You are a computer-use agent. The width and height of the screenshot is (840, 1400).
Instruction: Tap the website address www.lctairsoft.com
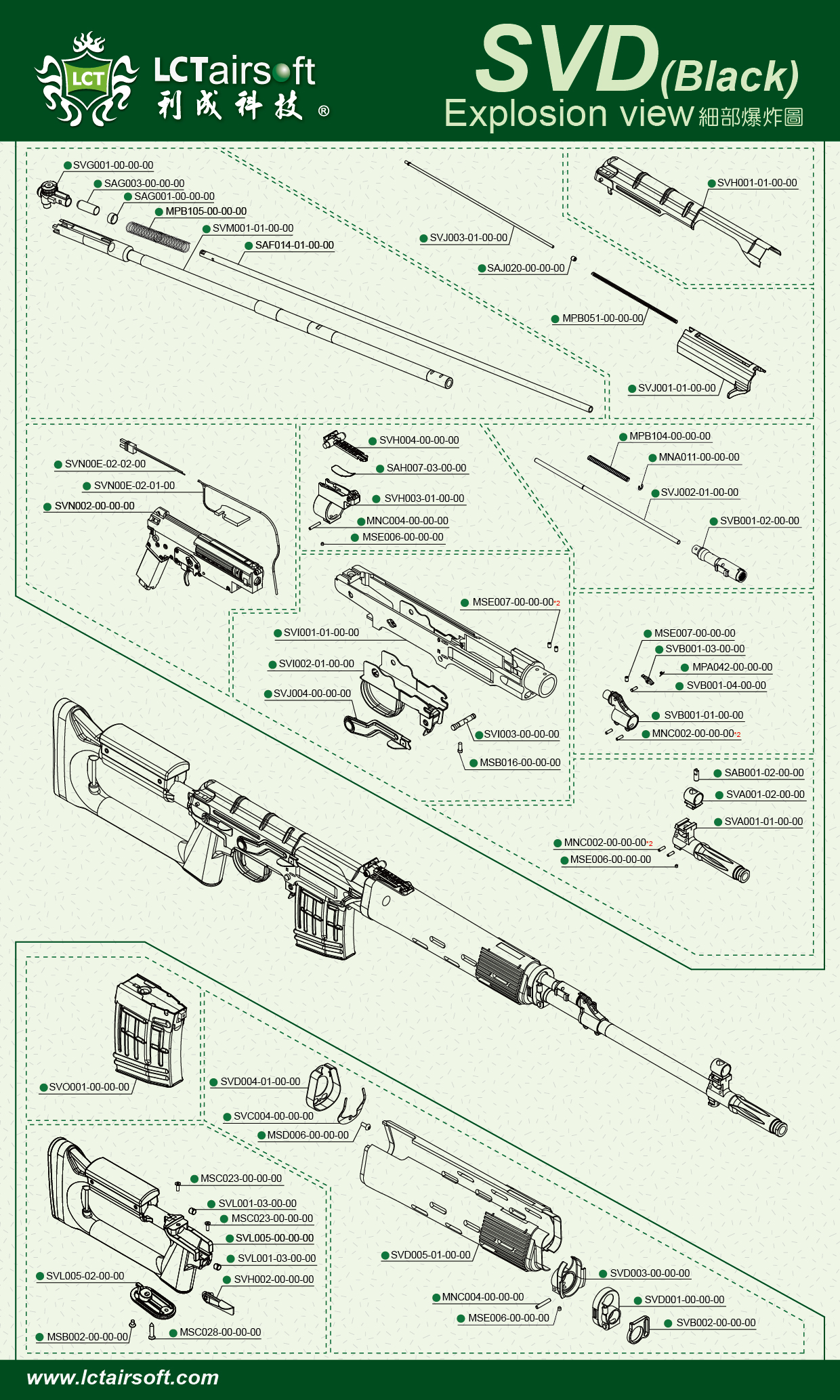[123, 1377]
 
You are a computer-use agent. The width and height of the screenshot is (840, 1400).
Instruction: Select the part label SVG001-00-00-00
[112, 165]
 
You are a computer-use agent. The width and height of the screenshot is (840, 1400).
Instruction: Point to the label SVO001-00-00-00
[89, 1087]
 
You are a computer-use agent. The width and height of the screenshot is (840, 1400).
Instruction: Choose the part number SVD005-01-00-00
[430, 1255]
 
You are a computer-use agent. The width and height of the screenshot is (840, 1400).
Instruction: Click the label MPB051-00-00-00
[602, 318]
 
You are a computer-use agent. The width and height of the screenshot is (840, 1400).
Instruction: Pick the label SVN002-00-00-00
[94, 506]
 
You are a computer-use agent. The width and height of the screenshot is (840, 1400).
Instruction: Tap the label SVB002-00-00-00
[715, 1323]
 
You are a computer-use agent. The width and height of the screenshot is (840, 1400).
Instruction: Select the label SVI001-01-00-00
[321, 633]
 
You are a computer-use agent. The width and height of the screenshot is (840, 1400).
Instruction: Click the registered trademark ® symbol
[324, 111]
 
